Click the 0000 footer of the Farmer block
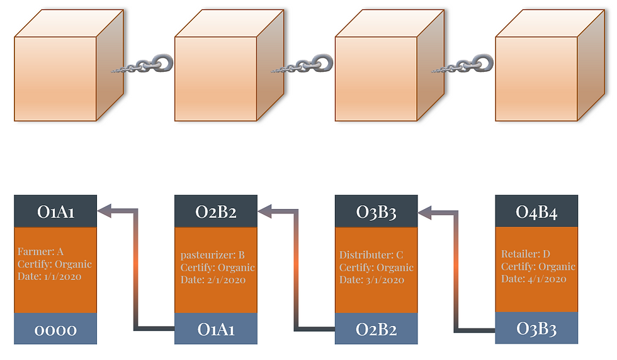[55, 329]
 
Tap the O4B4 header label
[536, 211]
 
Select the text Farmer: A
[40, 251]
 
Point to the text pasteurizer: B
[213, 255]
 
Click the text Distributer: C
[371, 255]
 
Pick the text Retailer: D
[526, 254]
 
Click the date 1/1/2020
[62, 276]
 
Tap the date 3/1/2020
[385, 279]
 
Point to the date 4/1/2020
[547, 279]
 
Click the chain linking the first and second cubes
[142, 65]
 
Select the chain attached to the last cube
[463, 65]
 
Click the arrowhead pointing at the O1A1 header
[105, 211]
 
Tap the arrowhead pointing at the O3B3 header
[425, 213]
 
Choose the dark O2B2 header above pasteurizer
[216, 211]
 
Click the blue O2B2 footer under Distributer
[376, 329]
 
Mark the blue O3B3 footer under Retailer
[536, 328]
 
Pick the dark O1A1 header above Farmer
[55, 211]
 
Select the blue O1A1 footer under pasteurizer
[216, 329]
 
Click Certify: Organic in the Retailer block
[538, 266]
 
